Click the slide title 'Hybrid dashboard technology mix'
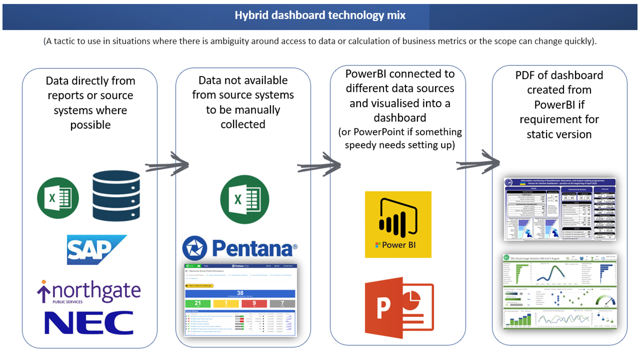point(320,15)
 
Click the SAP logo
point(97,249)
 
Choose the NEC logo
point(89,322)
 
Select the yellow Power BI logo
point(398,224)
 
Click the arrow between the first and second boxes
point(167,165)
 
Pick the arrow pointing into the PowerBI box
point(319,165)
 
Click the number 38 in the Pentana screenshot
point(240,293)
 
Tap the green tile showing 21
point(197,303)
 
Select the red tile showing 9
point(254,303)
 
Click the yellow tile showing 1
point(226,303)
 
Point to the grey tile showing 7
point(282,303)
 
